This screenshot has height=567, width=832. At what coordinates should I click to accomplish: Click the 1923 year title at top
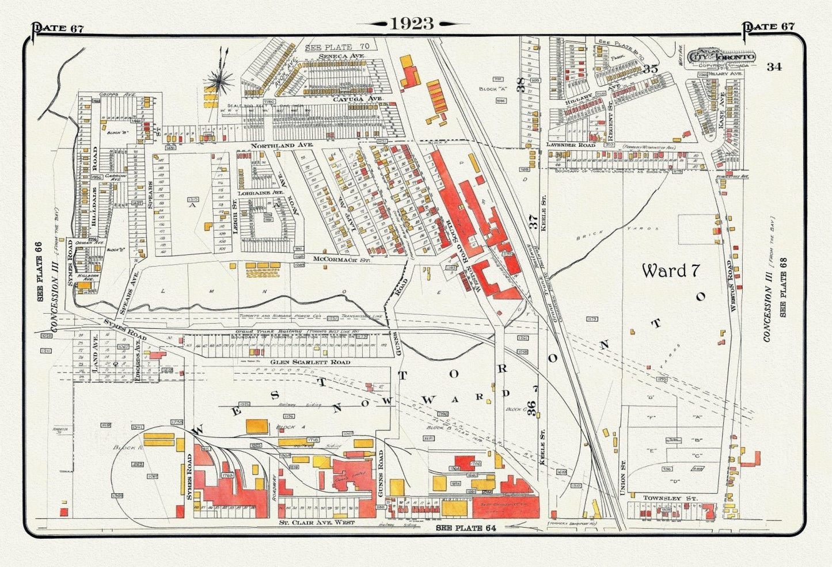pyautogui.click(x=412, y=24)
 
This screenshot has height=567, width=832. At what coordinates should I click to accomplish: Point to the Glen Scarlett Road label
pyautogui.click(x=302, y=362)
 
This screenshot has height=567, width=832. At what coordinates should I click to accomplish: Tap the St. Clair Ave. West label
pyautogui.click(x=316, y=523)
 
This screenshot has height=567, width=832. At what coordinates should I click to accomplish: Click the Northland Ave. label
pyautogui.click(x=282, y=146)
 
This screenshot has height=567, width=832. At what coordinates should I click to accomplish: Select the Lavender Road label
pyautogui.click(x=571, y=145)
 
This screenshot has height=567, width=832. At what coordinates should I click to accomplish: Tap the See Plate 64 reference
pyautogui.click(x=466, y=527)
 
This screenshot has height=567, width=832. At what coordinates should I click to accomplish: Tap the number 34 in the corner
pyautogui.click(x=774, y=67)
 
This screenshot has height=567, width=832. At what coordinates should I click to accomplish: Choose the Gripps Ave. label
pyautogui.click(x=108, y=94)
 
